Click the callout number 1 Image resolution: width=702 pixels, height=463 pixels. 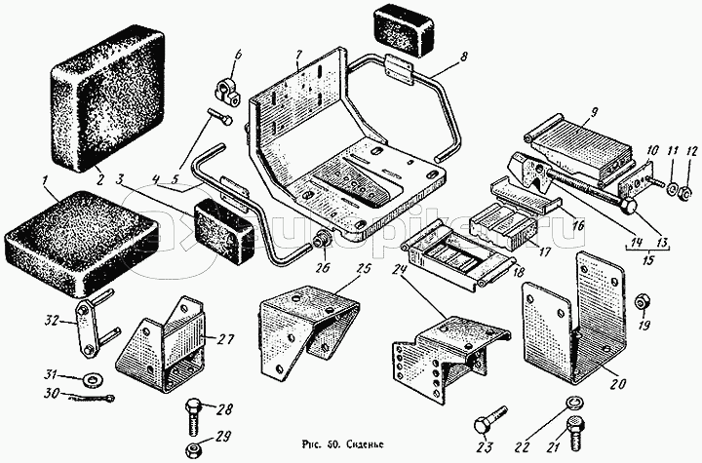pyautogui.click(x=45, y=179)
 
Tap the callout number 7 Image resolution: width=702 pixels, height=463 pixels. pyautogui.click(x=300, y=52)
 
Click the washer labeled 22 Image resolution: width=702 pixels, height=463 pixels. pyautogui.click(x=574, y=404)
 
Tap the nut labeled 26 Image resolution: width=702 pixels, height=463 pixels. pyautogui.click(x=321, y=239)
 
